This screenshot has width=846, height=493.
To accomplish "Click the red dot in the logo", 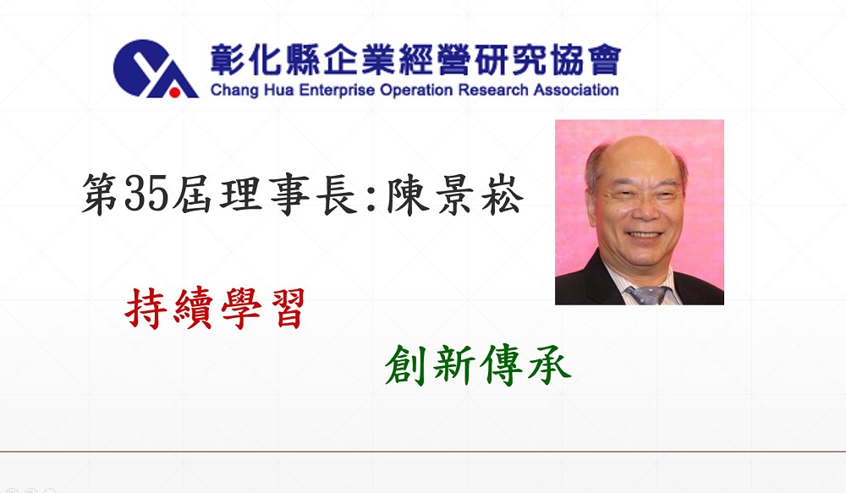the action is click(x=174, y=93).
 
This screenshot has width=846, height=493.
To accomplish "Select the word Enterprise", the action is click(x=337, y=90).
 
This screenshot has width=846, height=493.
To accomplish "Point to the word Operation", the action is click(x=416, y=90).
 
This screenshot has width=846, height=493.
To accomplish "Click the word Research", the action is click(x=493, y=90).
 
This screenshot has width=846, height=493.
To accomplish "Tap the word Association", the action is click(x=576, y=90).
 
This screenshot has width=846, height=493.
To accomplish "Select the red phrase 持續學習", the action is click(x=215, y=309).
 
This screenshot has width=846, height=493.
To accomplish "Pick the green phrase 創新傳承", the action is click(x=478, y=365).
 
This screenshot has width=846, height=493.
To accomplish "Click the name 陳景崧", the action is click(x=454, y=195).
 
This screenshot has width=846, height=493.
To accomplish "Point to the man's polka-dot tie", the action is click(x=647, y=295).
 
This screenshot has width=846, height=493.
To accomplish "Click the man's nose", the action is click(x=644, y=210).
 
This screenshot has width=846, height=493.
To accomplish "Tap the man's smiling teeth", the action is click(x=644, y=235).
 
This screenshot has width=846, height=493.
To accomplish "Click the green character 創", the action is click(x=406, y=365).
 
